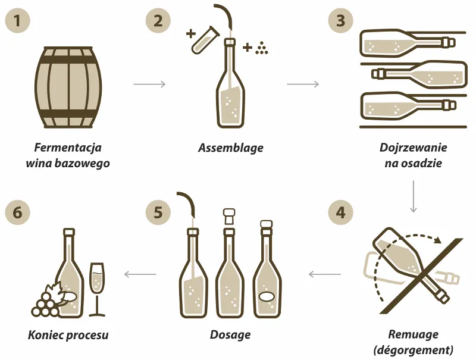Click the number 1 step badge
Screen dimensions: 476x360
coord(18,21)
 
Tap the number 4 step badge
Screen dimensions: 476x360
coord(340,212)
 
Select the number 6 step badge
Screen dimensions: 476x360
coord(18,212)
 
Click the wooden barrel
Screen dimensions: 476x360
coord(68,87)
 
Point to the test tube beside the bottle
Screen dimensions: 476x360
coord(205,40)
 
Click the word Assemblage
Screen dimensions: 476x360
coord(231,148)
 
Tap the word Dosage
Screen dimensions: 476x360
coord(230,335)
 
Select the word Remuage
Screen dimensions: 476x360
coord(413,334)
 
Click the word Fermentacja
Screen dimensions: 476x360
coord(68,148)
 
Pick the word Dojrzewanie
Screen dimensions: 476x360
coord(413,148)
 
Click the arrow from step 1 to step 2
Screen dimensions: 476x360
coord(150,84)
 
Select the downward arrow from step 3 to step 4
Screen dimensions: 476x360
coord(413,196)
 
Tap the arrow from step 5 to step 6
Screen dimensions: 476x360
coord(140,274)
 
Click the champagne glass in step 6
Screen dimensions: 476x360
coord(97,289)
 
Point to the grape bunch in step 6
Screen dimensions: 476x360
coord(46,303)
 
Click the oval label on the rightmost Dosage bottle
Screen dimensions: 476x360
coord(267,296)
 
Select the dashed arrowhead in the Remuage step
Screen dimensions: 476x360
coord(437,240)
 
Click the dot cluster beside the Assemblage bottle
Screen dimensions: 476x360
coord(261,48)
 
